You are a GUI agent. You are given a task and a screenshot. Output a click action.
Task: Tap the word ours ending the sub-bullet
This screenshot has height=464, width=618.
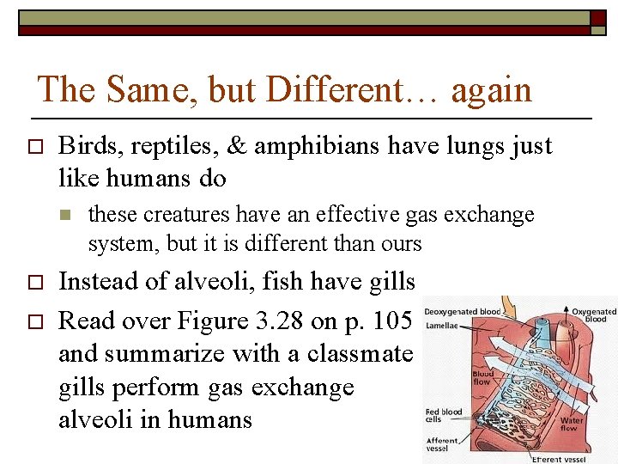click(400, 244)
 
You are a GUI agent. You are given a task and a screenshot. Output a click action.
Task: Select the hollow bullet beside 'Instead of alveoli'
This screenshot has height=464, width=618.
click(34, 282)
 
